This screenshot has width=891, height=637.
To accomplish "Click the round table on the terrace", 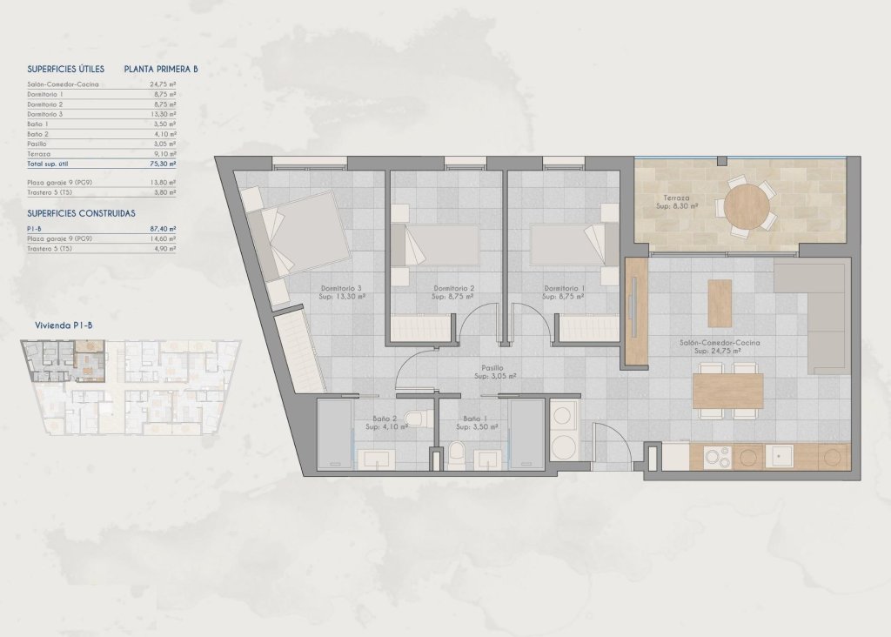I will click(x=747, y=208).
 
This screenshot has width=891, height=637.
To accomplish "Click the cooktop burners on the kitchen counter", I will click(x=717, y=456).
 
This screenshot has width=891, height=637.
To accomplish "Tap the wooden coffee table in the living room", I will click(x=720, y=303).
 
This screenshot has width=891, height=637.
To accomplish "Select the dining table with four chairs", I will click(x=728, y=390).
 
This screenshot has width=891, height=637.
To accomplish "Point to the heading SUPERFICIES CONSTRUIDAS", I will click(x=81, y=213).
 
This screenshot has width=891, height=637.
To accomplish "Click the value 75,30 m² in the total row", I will click(x=163, y=164).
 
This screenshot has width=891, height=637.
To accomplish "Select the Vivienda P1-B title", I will click(x=64, y=325).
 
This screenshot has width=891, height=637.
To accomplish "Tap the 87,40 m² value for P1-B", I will click(x=163, y=228).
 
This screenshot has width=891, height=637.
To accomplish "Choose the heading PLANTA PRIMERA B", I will click(x=161, y=68).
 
